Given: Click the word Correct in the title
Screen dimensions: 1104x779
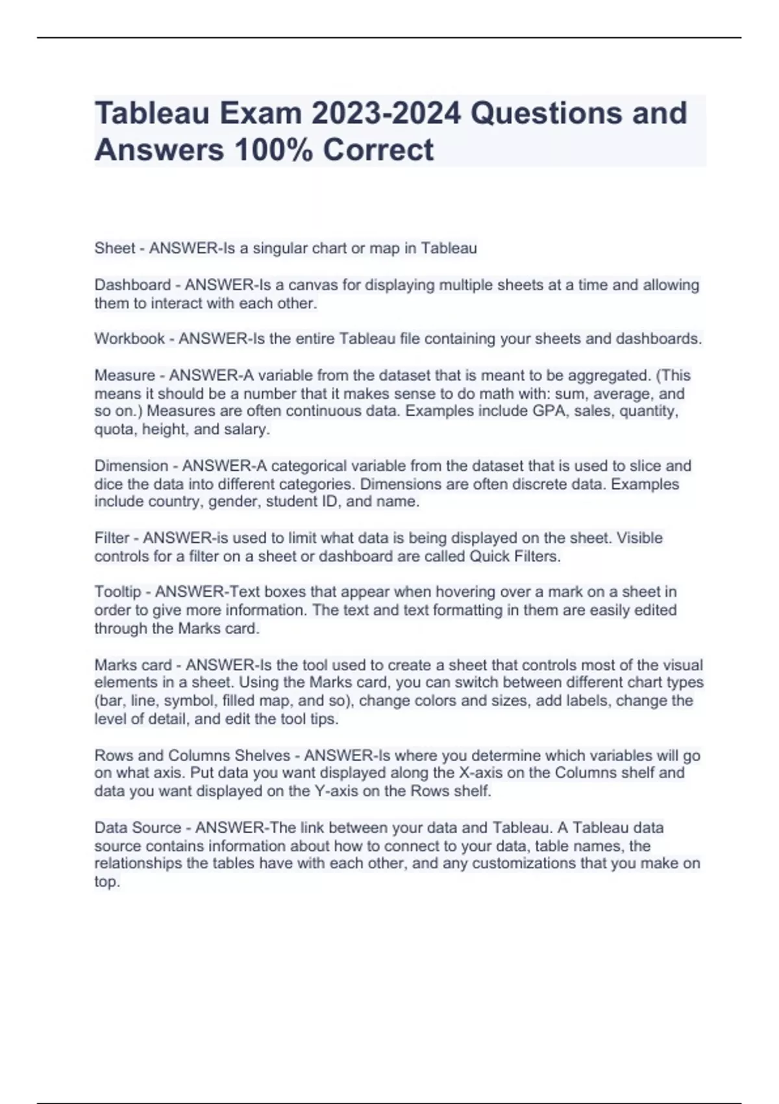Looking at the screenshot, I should pyautogui.click(x=378, y=150).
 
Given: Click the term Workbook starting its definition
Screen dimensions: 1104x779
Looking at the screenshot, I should pyautogui.click(x=129, y=339).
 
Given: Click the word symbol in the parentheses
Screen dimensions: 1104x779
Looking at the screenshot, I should pyautogui.click(x=189, y=701).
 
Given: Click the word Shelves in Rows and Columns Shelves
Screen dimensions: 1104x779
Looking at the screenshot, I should pyautogui.click(x=262, y=755).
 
